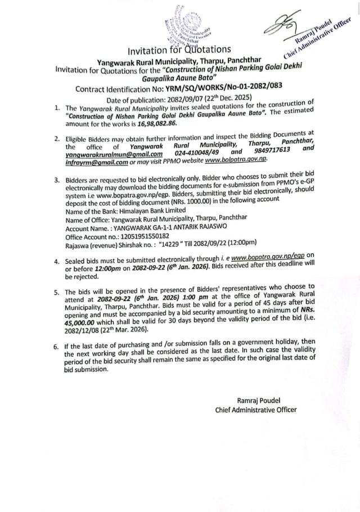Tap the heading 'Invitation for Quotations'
[179, 51]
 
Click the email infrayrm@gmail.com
[92, 162]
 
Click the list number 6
[56, 346]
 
